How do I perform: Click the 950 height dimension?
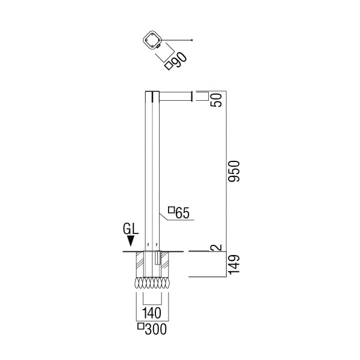(235, 171)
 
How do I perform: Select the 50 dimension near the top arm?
(217, 100)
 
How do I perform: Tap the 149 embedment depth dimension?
(235, 265)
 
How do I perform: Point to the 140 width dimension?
(152, 313)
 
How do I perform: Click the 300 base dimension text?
(155, 329)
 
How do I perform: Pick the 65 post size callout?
(182, 213)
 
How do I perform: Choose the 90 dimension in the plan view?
(179, 60)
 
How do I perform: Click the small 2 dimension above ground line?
(217, 247)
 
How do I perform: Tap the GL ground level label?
(131, 229)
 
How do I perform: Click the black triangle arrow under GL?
(131, 241)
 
